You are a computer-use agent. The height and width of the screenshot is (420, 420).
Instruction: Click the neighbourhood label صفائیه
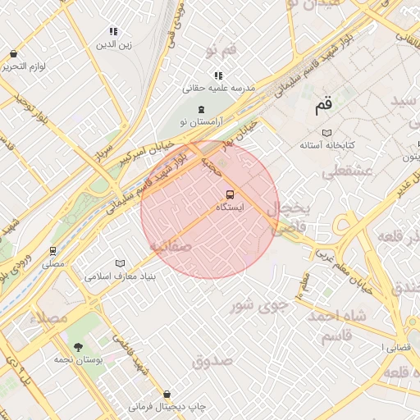tap(170, 245)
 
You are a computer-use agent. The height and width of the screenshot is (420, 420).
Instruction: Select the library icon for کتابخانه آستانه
tap(326, 132)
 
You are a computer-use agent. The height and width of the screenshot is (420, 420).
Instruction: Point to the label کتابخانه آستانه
tap(326, 145)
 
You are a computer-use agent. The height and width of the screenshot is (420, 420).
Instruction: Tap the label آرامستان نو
tap(201, 122)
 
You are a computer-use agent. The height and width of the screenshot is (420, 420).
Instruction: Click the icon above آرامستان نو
tap(201, 109)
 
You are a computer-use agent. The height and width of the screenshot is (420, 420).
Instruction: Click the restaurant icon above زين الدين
tap(113, 32)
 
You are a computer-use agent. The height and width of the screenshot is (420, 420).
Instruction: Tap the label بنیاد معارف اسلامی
tap(121, 277)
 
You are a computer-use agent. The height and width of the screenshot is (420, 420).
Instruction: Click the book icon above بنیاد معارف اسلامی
tap(121, 263)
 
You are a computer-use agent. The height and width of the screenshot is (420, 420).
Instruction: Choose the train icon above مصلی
tap(53, 251)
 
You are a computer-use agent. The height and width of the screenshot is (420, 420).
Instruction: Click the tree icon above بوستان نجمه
tap(78, 347)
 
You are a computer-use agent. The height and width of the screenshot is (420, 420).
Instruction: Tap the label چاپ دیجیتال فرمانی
tap(168, 407)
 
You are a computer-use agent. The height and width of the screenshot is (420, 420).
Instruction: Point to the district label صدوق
tap(212, 359)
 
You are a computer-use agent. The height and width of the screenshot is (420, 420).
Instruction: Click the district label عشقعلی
tap(348, 171)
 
